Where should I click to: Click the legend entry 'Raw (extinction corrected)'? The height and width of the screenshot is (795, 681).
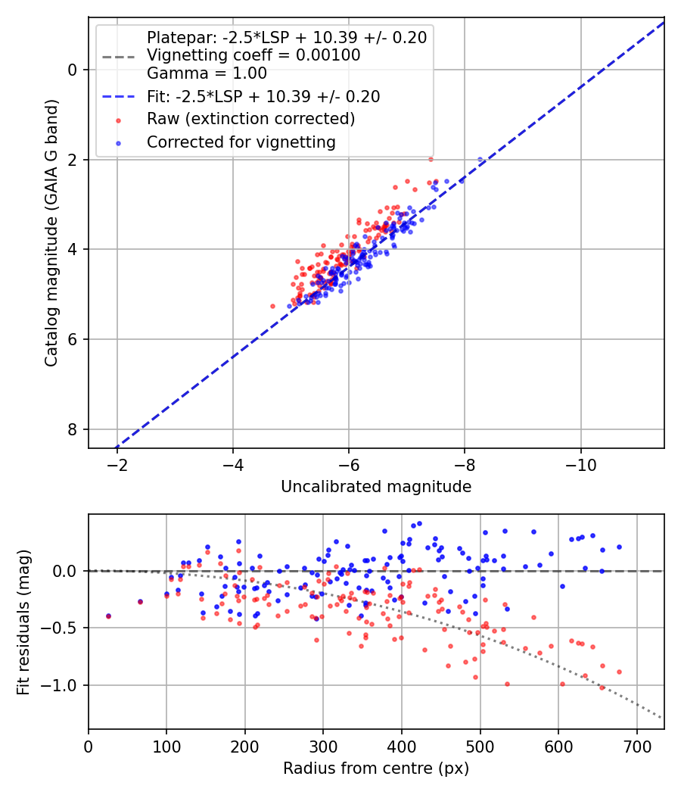[x=250, y=119]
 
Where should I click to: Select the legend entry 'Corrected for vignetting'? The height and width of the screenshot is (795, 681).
[x=241, y=142]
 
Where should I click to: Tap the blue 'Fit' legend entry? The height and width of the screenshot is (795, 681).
[x=263, y=97]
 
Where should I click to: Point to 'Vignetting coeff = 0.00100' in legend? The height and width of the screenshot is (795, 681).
[x=253, y=55]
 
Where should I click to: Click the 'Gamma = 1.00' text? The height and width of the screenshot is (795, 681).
[x=207, y=73]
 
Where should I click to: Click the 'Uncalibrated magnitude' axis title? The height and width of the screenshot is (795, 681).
[x=376, y=487]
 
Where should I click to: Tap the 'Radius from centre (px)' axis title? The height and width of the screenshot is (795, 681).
[x=376, y=768]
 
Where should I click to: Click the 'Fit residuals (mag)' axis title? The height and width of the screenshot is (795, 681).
[x=24, y=622]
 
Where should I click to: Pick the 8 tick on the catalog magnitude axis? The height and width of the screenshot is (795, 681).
[x=73, y=429]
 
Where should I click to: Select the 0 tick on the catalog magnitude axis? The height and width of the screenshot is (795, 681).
[x=73, y=70]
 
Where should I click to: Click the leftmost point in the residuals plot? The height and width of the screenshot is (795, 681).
[x=108, y=616]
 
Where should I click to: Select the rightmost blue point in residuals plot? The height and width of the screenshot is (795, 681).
[x=619, y=547]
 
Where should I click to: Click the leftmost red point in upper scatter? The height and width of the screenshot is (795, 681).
[x=273, y=306]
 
